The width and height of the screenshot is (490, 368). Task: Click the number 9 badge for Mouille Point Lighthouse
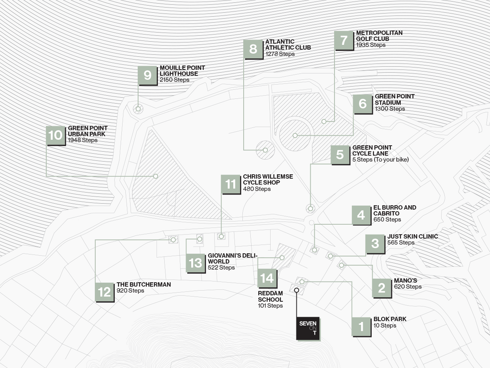pyautogui.click(x=148, y=75)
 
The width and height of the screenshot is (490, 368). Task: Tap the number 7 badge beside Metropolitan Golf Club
pyautogui.click(x=344, y=40)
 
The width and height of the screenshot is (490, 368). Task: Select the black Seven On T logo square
pyautogui.click(x=308, y=328)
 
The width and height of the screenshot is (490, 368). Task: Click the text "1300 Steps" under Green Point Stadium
pyautogui.click(x=390, y=109)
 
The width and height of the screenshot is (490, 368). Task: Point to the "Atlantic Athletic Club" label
pyautogui.click(x=288, y=44)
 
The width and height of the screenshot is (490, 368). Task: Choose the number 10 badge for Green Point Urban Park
pyautogui.click(x=56, y=135)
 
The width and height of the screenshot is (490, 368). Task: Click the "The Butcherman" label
pyautogui.click(x=144, y=285)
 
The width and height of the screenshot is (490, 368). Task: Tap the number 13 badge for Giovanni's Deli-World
pyautogui.click(x=196, y=263)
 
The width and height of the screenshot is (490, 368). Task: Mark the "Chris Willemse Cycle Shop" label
pyautogui.click(x=268, y=179)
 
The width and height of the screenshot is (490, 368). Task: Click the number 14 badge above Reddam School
pyautogui.click(x=267, y=278)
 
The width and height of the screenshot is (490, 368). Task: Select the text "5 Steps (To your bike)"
pyautogui.click(x=380, y=160)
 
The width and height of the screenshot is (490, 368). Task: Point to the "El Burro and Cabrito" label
pyautogui.click(x=395, y=210)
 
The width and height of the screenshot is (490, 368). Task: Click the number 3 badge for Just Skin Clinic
pyautogui.click(x=375, y=244)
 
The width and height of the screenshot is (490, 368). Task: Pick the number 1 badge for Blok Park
pyautogui.click(x=361, y=327)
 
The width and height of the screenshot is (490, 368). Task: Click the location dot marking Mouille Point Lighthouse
pyautogui.click(x=138, y=109)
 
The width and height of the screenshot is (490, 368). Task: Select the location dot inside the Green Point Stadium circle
pyautogui.click(x=295, y=135)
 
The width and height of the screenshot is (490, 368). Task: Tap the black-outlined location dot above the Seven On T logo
pyautogui.click(x=296, y=290)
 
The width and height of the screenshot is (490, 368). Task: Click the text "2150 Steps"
pyautogui.click(x=174, y=80)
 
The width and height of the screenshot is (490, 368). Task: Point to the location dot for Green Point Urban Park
pyautogui.click(x=156, y=176)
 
